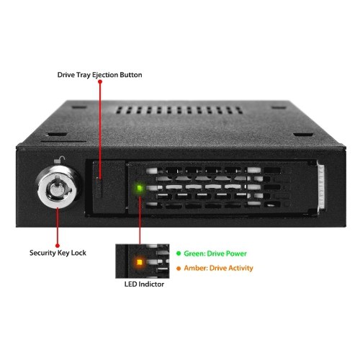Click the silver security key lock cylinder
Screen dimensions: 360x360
[58, 186]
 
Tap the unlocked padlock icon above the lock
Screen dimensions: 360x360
[60, 160]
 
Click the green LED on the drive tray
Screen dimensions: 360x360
[140, 188]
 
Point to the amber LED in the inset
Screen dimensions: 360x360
[139, 262]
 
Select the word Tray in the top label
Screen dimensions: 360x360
[84, 75]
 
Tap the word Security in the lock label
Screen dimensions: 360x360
[42, 253]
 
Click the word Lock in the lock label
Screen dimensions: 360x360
[78, 253]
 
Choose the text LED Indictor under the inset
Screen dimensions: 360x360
[144, 284]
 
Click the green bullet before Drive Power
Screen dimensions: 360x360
[179, 253]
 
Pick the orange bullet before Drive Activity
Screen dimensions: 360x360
[179, 269]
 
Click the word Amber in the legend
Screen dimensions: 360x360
[194, 268]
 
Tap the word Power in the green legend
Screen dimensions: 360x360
[237, 253]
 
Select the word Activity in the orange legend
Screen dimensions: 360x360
[241, 269]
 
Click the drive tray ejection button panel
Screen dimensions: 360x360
[109, 187]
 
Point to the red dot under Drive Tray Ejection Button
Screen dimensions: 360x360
[100, 82]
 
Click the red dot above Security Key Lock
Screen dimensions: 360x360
[58, 246]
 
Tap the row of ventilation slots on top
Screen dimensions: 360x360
[179, 110]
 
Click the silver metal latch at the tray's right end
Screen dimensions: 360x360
[321, 187]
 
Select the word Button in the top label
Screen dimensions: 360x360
[131, 75]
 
